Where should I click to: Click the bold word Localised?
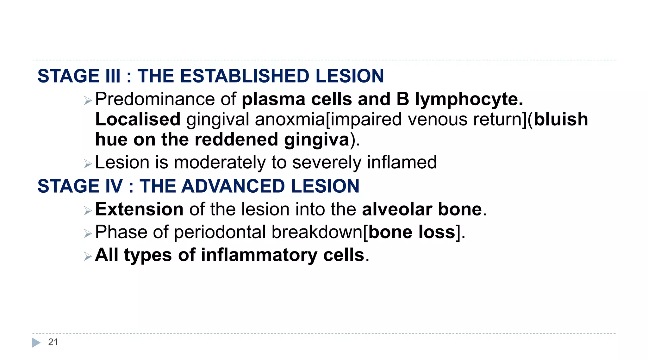138,120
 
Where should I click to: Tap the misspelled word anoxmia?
290,120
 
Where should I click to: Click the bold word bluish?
561,120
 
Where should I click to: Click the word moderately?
220,163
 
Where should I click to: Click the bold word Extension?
139,209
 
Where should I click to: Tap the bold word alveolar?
397,209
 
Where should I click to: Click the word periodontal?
220,232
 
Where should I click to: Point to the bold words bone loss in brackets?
412,232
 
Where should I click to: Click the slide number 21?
53,342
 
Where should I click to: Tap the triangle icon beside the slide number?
36,343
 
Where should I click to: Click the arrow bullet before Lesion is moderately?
88,164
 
